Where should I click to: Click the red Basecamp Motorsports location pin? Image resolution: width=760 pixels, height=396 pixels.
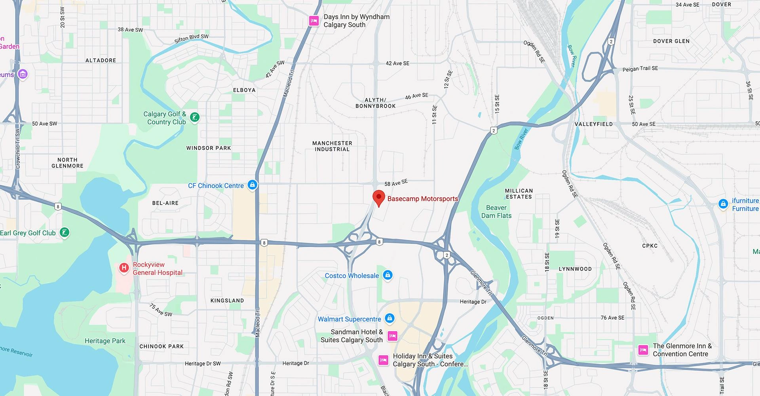coord(379,197)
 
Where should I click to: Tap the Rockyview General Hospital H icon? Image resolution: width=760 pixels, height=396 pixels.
coord(124,268)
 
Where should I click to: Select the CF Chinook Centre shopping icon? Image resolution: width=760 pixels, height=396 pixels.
coord(252,185)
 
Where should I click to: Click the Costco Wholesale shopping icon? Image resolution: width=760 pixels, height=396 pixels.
coord(388,275)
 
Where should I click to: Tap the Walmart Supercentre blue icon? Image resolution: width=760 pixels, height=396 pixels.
coord(389,318)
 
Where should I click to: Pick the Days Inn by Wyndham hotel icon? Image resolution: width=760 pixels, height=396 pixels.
coord(314,21)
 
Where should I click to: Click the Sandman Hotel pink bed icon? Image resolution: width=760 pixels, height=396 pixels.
coord(392,336)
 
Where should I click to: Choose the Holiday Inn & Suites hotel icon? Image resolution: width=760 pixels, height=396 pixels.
coord(383,360)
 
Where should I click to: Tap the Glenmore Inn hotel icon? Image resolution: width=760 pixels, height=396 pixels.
coord(643,350)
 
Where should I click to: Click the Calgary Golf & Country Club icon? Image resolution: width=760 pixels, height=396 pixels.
coord(194,117)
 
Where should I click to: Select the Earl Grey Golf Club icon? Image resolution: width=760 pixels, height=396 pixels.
coord(65,232)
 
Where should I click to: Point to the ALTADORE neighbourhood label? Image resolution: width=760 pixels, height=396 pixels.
coord(101,60)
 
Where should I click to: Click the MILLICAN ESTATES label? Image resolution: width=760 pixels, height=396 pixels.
coord(519,194)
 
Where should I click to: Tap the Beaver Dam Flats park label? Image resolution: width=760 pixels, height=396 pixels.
coord(496,211)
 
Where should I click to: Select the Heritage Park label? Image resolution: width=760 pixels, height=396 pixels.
coord(105,341)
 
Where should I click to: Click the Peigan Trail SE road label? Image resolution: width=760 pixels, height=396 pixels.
coord(640,69)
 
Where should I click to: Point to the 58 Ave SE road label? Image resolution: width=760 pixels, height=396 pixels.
coord(396,183)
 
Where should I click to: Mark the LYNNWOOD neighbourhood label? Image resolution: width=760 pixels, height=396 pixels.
coord(575,269)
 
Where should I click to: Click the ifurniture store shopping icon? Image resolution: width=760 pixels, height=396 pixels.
coord(723,204)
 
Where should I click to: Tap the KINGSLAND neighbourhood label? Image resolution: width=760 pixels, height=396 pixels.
coord(227,301)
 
